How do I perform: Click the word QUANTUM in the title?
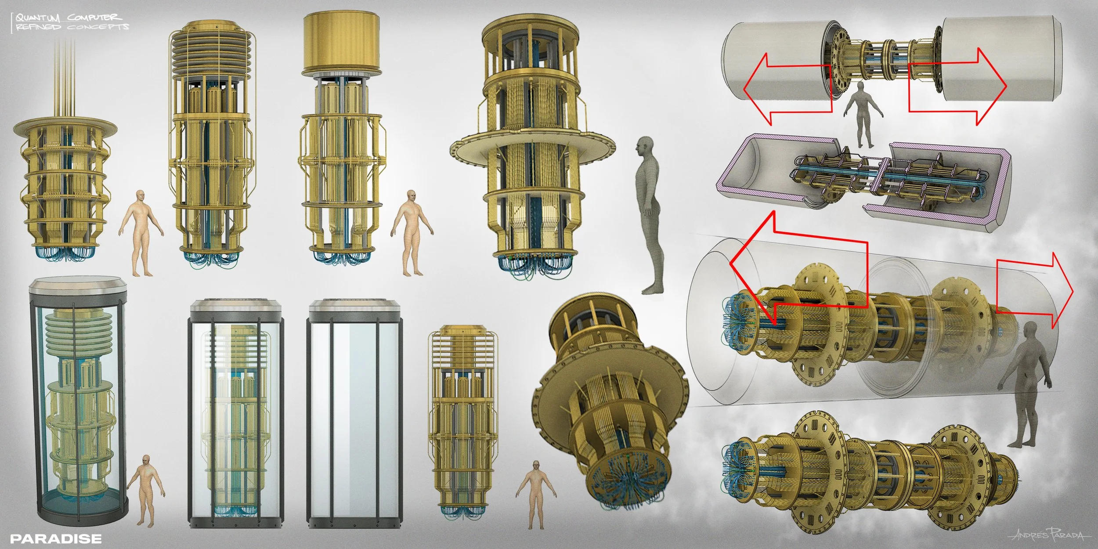pos(38,18)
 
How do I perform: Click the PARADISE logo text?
pos(56,539)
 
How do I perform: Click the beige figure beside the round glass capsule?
pos(146,490)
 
